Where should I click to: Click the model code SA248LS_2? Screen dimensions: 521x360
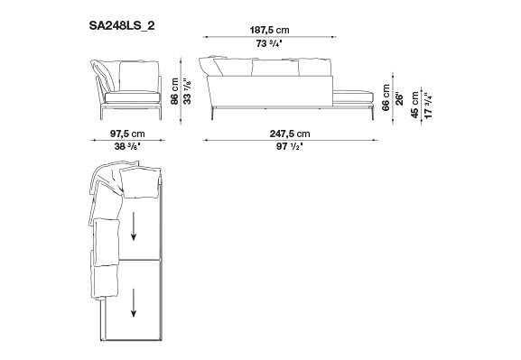[x=122, y=25]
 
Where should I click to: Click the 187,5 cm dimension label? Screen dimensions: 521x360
[x=269, y=30]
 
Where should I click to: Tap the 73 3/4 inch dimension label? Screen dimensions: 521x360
[x=269, y=43]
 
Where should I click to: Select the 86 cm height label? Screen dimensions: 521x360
[x=175, y=91]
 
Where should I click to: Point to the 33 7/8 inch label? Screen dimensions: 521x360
[x=188, y=91]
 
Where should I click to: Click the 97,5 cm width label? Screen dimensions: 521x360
[x=127, y=134]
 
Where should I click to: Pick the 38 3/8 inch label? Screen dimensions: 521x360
[x=127, y=146]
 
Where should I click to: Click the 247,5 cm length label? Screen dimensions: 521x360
[x=290, y=134]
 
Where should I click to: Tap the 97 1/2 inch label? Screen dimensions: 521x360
[x=290, y=146]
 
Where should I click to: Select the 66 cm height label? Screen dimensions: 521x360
[x=386, y=97]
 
